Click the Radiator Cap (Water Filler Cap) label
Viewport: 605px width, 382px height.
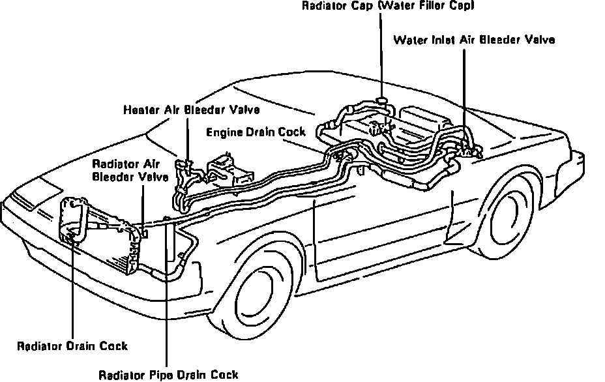[387, 7]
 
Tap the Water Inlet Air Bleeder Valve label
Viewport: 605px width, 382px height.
[474, 39]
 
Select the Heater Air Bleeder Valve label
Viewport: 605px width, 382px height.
[192, 110]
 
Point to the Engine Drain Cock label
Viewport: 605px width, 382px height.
[256, 132]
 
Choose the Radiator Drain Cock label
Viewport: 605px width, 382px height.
[72, 345]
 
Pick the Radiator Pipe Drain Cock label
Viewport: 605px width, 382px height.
[168, 374]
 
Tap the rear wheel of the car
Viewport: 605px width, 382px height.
[516, 215]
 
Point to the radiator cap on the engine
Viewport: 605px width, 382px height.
[383, 101]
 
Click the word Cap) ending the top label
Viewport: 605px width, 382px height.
[461, 7]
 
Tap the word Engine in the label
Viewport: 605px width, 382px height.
[224, 132]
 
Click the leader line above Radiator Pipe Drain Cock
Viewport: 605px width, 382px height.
[168, 293]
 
